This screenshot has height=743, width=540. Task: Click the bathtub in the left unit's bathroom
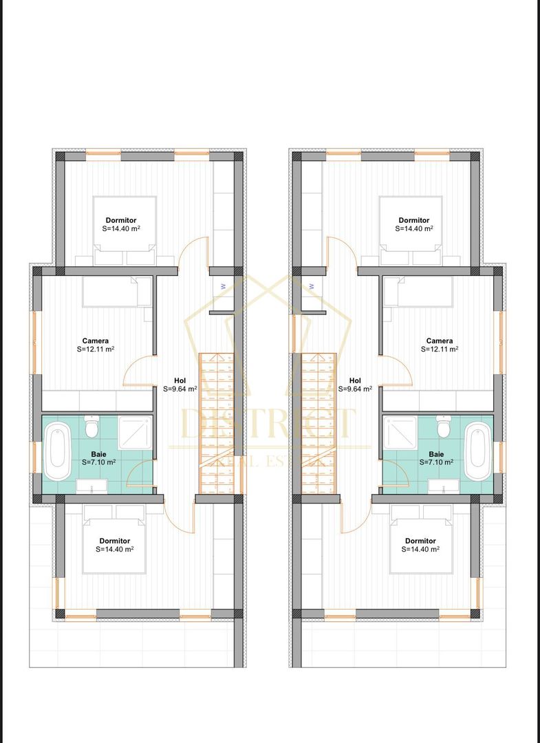pyautogui.click(x=58, y=452)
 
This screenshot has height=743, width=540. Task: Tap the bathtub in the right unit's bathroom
pyautogui.click(x=477, y=452)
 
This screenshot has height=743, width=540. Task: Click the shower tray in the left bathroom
pyautogui.click(x=135, y=432)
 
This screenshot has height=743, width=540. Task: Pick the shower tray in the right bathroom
pyautogui.click(x=400, y=432)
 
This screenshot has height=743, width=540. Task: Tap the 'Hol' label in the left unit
pyautogui.click(x=180, y=380)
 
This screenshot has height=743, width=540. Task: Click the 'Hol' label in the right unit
pyautogui.click(x=355, y=380)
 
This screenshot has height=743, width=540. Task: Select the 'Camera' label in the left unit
pyautogui.click(x=96, y=341)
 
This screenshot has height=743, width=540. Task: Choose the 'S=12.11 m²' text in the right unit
pyautogui.click(x=440, y=349)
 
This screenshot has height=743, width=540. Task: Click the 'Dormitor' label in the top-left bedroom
pyautogui.click(x=120, y=220)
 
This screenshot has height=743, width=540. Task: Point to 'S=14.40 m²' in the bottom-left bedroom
pyautogui.click(x=115, y=550)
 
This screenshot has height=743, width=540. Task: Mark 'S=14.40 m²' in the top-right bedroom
pyautogui.click(x=415, y=228)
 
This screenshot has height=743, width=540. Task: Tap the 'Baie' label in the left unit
pyautogui.click(x=98, y=454)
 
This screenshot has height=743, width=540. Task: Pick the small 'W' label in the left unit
pyautogui.click(x=223, y=286)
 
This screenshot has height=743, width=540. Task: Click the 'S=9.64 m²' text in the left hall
pyautogui.click(x=180, y=389)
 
